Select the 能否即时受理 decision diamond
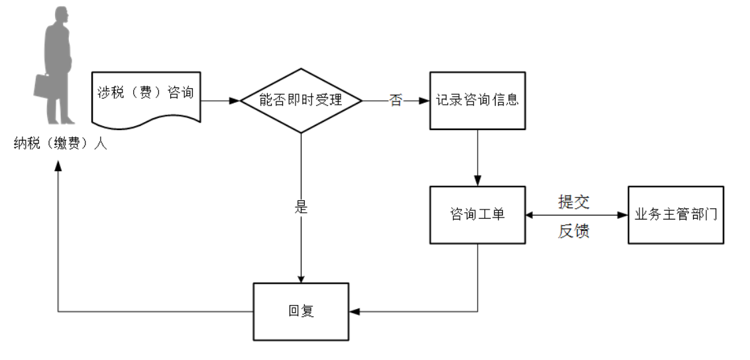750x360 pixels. pyautogui.click(x=301, y=101)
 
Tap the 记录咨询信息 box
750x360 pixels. pyautogui.click(x=477, y=101)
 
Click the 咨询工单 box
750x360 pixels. pyautogui.click(x=477, y=215)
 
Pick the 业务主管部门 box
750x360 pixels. pyautogui.click(x=675, y=215)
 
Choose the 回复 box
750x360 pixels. pyautogui.click(x=301, y=311)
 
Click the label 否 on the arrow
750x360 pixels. pyautogui.click(x=396, y=101)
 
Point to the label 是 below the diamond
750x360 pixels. pyautogui.click(x=301, y=206)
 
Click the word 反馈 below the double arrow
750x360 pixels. pyautogui.click(x=574, y=231)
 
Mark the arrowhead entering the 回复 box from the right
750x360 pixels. pyautogui.click(x=354, y=311)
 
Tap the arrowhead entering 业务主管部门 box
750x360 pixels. pyautogui.click(x=623, y=215)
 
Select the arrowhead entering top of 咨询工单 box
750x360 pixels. pyautogui.click(x=477, y=181)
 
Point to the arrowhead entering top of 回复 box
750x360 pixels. pyautogui.click(x=301, y=278)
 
